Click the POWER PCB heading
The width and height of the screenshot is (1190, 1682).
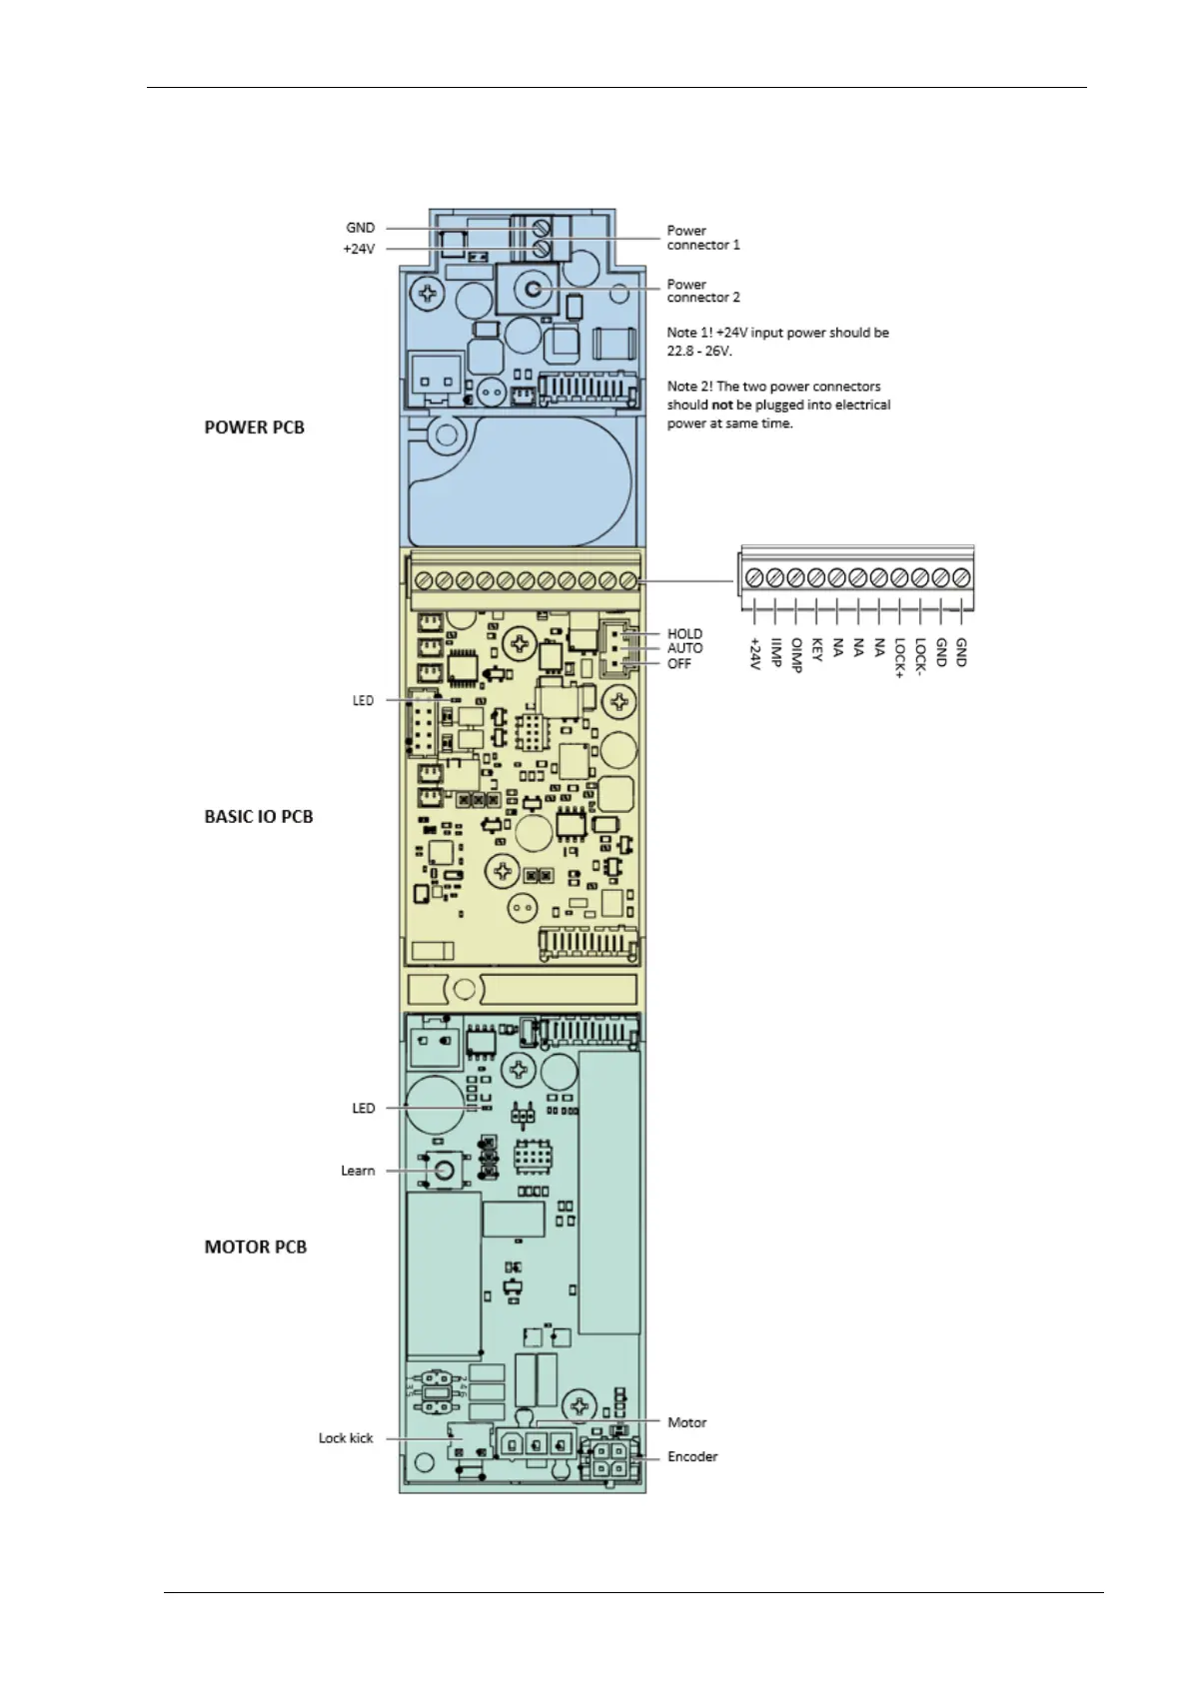pos(254,427)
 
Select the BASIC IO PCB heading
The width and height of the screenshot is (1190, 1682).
pos(259,817)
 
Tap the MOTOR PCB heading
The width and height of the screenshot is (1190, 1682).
pos(256,1247)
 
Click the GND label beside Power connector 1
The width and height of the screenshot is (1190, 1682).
pos(361,228)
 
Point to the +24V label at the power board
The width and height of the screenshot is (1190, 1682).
pos(359,249)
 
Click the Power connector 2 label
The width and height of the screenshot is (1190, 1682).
pos(703,291)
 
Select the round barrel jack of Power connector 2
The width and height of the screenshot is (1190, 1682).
pos(533,290)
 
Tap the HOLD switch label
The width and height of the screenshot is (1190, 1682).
pos(684,633)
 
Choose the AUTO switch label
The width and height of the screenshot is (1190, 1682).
pos(684,648)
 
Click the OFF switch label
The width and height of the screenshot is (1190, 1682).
pos(678,663)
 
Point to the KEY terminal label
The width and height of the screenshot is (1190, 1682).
pos(817,650)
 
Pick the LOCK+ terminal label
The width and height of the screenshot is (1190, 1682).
pos(899,658)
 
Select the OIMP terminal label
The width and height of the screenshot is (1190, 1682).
pos(796,655)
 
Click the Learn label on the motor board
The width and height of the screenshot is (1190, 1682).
pos(358,1171)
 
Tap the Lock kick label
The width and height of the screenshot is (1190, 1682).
pos(346,1438)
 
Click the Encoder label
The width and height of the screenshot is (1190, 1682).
pos(692,1456)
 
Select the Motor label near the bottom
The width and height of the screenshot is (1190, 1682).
pos(686,1422)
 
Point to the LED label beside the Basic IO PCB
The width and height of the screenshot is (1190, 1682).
pos(363,700)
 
